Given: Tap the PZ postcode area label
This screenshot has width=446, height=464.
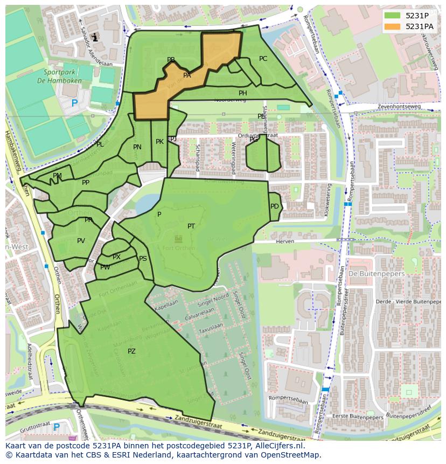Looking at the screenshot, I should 131,351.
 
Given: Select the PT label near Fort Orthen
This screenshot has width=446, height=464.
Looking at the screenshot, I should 191,226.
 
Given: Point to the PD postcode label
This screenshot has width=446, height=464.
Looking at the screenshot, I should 275,206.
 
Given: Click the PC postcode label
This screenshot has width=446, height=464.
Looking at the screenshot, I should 263,59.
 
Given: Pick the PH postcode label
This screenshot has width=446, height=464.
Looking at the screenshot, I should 243,93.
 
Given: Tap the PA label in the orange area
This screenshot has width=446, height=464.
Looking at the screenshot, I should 187,75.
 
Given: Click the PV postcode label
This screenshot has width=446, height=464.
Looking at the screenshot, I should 81,241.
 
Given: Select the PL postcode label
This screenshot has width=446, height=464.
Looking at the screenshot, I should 100,144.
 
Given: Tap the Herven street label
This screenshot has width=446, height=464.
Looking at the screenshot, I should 285,242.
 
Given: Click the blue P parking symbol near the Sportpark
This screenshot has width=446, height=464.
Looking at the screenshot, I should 74,103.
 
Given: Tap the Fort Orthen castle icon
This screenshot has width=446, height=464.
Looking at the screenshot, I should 178,239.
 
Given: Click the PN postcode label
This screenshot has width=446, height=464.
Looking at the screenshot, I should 137,147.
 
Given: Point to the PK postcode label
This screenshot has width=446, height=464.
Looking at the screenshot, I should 159,142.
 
